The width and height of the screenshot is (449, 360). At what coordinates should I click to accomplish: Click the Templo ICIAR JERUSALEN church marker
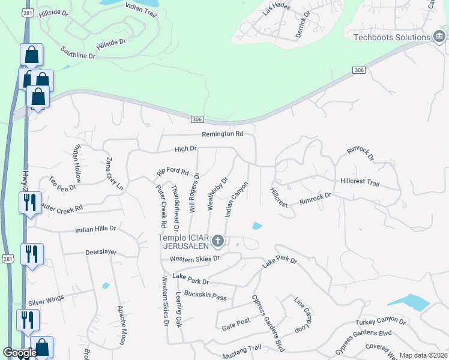click(x=218, y=242)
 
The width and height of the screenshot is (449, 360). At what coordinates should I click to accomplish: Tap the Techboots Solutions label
click(x=391, y=37)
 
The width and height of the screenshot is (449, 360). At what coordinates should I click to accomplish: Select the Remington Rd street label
click(x=222, y=134)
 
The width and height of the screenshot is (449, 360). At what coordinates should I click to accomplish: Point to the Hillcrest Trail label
click(x=360, y=181)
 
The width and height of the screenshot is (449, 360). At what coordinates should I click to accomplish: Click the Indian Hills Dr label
click(x=95, y=229)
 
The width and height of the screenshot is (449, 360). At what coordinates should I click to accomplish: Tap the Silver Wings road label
click(x=46, y=304)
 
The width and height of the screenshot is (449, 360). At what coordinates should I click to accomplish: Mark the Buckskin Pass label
click(x=205, y=296)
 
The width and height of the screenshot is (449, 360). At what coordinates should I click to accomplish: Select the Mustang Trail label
click(x=243, y=348)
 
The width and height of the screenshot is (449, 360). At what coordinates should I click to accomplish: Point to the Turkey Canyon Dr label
click(x=381, y=322)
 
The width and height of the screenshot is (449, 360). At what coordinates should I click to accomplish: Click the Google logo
click(x=19, y=353)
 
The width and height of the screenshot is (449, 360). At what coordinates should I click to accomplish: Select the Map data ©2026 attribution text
click(x=423, y=355)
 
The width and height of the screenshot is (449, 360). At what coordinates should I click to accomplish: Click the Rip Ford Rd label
click(x=173, y=172)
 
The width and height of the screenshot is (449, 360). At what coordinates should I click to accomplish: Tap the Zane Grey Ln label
click(x=114, y=174)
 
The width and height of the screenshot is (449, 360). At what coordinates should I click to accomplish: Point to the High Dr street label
click(x=185, y=148)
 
